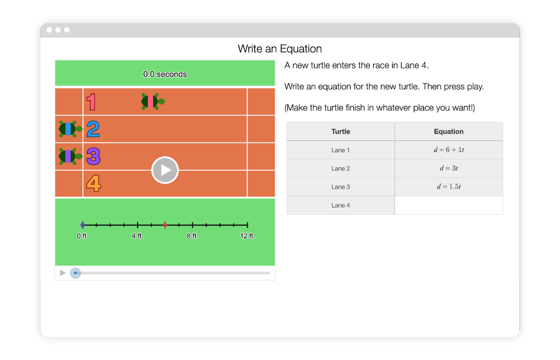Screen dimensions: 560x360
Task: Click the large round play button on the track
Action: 165,170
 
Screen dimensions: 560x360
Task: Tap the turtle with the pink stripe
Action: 153,102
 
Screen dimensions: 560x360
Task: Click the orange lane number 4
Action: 94,183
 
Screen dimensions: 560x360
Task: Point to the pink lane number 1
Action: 91,102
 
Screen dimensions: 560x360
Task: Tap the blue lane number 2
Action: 93,129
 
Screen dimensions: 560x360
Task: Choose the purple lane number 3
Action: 94,156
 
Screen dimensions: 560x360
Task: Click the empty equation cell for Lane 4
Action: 449,205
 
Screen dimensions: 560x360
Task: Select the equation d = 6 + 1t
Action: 449,150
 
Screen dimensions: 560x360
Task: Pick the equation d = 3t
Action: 449,168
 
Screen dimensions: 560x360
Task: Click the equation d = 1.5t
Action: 449,186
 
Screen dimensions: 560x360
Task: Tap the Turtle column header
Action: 340,132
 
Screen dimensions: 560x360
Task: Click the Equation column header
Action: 449,132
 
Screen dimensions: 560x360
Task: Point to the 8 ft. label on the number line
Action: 192,236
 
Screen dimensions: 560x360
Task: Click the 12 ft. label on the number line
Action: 247,236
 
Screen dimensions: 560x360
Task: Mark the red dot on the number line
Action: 165,225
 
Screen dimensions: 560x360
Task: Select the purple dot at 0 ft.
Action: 83,225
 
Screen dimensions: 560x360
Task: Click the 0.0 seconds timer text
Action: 165,74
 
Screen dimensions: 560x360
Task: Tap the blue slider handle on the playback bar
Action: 75,273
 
